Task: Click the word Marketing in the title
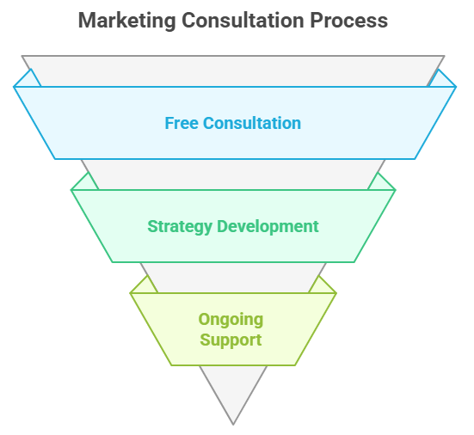pos(127,21)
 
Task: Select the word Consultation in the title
pos(243,21)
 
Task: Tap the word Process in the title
pos(349,21)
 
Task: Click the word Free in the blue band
pos(182,123)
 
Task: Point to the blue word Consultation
pos(252,123)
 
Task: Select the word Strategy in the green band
pos(180,227)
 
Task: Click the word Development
pos(268,227)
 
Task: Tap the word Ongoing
pos(231,320)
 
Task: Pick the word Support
pos(231,340)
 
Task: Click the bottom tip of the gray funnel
pos(233,425)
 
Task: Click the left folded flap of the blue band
pos(28,80)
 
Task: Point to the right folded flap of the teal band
pos(380,183)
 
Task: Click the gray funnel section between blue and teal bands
pos(233,175)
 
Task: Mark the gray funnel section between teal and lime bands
pos(233,278)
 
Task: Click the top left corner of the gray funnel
pos(22,56)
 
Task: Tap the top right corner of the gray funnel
pos(445,56)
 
